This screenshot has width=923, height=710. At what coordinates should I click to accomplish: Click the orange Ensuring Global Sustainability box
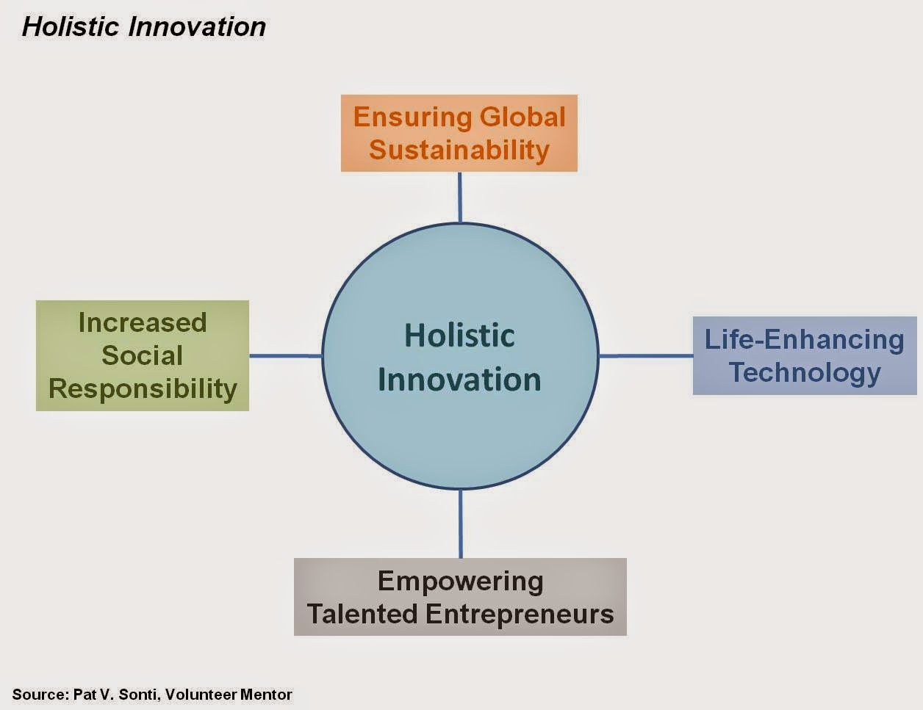[x=459, y=133]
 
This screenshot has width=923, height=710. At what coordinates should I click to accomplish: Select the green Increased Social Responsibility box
[x=143, y=355]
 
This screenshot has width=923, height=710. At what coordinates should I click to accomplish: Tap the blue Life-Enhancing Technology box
[x=805, y=356]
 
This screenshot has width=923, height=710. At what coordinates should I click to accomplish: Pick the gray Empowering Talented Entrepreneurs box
[x=460, y=597]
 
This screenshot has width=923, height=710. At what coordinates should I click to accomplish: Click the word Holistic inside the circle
[x=459, y=336]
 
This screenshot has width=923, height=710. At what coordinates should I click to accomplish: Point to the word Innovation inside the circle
[x=459, y=380]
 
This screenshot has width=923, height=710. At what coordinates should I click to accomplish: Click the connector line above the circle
[x=459, y=197]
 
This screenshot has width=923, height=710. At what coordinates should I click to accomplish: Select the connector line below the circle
[x=460, y=524]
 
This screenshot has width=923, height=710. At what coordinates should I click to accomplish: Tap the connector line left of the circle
[x=285, y=356]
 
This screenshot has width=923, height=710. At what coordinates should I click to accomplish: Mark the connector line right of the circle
[x=645, y=356]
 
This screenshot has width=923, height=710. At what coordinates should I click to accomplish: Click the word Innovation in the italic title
[x=197, y=27]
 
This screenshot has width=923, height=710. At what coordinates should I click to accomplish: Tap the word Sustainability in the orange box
[x=459, y=150]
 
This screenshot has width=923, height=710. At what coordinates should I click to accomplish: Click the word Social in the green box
[x=142, y=355]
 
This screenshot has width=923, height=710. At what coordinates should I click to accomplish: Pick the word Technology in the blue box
[x=805, y=372]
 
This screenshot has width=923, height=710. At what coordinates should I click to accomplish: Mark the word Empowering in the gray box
[x=460, y=581]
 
